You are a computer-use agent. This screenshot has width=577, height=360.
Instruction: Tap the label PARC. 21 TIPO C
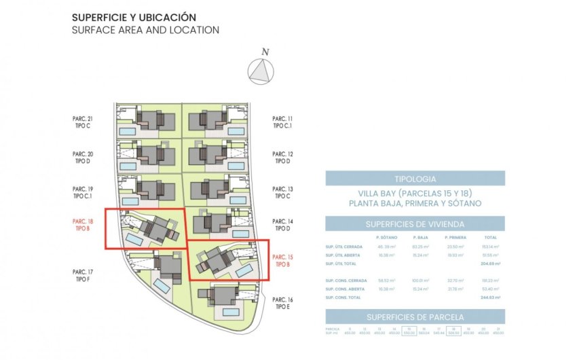pyautogui.click(x=82, y=122)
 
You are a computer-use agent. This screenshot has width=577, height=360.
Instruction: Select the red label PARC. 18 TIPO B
pyautogui.click(x=82, y=225)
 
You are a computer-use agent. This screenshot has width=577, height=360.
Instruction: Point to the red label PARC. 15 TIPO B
pyautogui.click(x=282, y=261)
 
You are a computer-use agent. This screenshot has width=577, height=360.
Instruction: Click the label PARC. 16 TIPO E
pyautogui.click(x=282, y=303)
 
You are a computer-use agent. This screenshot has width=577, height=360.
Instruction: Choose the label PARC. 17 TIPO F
pyautogui.click(x=82, y=275)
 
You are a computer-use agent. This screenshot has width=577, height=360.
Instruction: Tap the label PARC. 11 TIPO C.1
pyautogui.click(x=282, y=122)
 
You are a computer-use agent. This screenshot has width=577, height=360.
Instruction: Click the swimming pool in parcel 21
pyautogui.click(x=128, y=130)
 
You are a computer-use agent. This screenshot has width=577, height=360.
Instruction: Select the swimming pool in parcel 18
pyautogui.click(x=134, y=241)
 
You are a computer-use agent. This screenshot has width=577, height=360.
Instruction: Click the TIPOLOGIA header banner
pyautogui.click(x=415, y=179)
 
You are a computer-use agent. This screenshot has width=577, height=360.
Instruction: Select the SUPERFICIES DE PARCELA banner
pyautogui.click(x=415, y=317)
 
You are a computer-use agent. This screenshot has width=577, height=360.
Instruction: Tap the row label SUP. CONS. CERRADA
pyautogui.click(x=342, y=280)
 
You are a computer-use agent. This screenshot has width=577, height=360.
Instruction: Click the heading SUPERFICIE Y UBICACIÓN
pyautogui.click(x=134, y=16)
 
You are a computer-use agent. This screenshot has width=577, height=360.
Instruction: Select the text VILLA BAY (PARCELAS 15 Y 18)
pyautogui.click(x=415, y=193)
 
